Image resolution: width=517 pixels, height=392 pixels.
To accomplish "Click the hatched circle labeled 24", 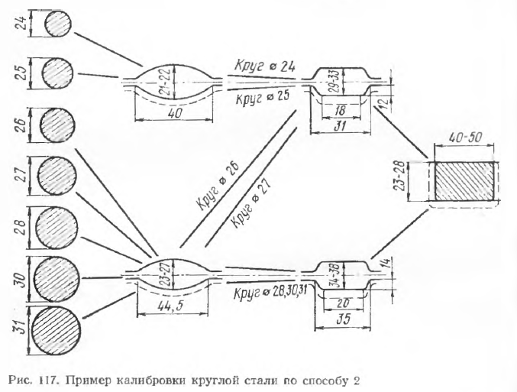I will pos(57,26).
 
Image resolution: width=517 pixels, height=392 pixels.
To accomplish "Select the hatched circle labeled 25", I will pos(57,74).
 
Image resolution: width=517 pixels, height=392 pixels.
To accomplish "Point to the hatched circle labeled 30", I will pos(57,275).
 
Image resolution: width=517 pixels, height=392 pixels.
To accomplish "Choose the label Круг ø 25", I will pos(262,99).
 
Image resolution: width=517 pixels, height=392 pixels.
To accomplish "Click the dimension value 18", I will pos(340,109).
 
